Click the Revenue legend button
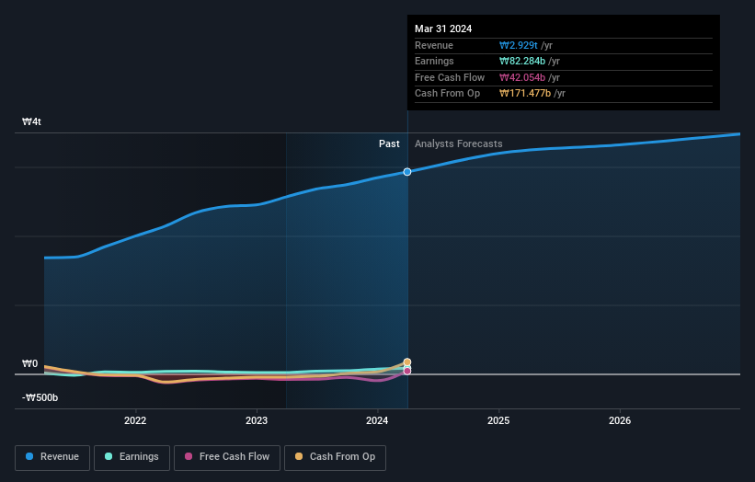coord(51,457)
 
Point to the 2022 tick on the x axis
coord(135,421)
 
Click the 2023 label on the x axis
coord(257,421)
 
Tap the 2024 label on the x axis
coord(377,421)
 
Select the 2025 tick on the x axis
coord(498,421)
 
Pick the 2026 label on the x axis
coord(620,421)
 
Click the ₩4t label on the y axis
coord(32,122)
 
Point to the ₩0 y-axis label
coord(30,364)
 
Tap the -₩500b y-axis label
coord(40,397)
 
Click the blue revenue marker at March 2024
coord(407,172)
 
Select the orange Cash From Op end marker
coord(407,362)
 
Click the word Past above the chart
coord(389,143)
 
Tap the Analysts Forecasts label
coord(459,143)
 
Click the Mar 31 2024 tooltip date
coord(443,29)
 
